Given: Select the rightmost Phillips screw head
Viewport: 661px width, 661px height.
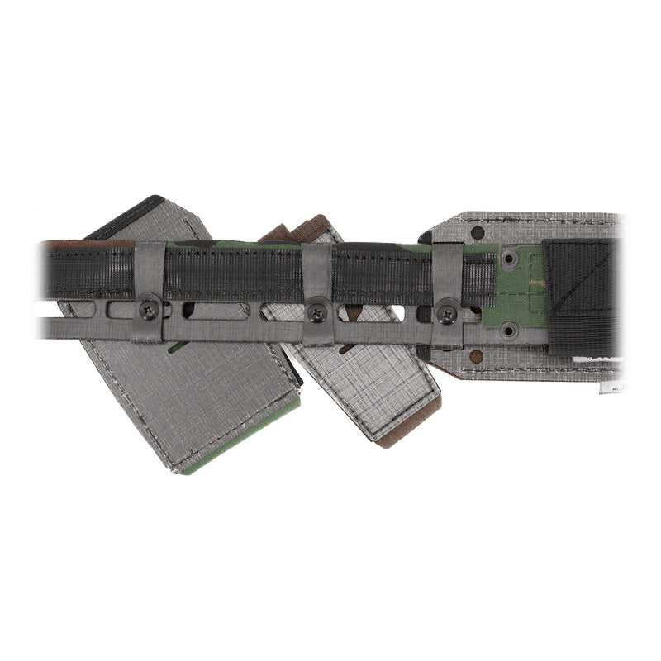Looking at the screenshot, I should [x=449, y=313].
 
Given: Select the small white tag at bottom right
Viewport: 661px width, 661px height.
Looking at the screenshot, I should [x=611, y=386].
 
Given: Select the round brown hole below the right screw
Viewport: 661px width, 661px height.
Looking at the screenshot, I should [x=476, y=357].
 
